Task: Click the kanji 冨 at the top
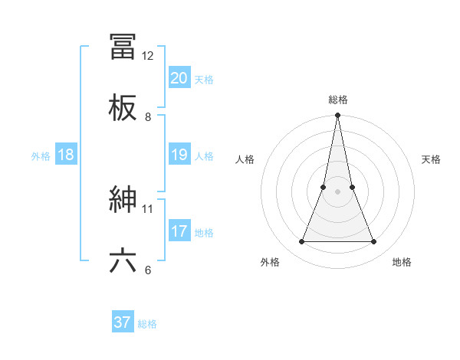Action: point(123,47)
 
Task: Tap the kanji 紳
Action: point(123,200)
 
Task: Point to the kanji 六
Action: point(123,260)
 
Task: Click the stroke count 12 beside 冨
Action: point(148,56)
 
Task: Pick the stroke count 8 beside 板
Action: point(148,116)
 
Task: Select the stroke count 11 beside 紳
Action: point(148,208)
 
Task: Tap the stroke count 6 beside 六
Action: point(148,270)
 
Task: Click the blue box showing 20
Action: point(179,78)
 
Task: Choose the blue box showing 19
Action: point(179,155)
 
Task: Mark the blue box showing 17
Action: point(179,231)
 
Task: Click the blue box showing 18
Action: point(66,155)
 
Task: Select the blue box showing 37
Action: point(123,322)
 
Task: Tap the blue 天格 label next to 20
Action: point(204,80)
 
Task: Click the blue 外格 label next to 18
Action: point(41,156)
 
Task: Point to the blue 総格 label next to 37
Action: point(147,324)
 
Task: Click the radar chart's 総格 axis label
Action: point(338,100)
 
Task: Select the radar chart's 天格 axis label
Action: point(431,159)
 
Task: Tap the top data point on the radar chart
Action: point(337,116)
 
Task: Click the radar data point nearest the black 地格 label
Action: point(373,242)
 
